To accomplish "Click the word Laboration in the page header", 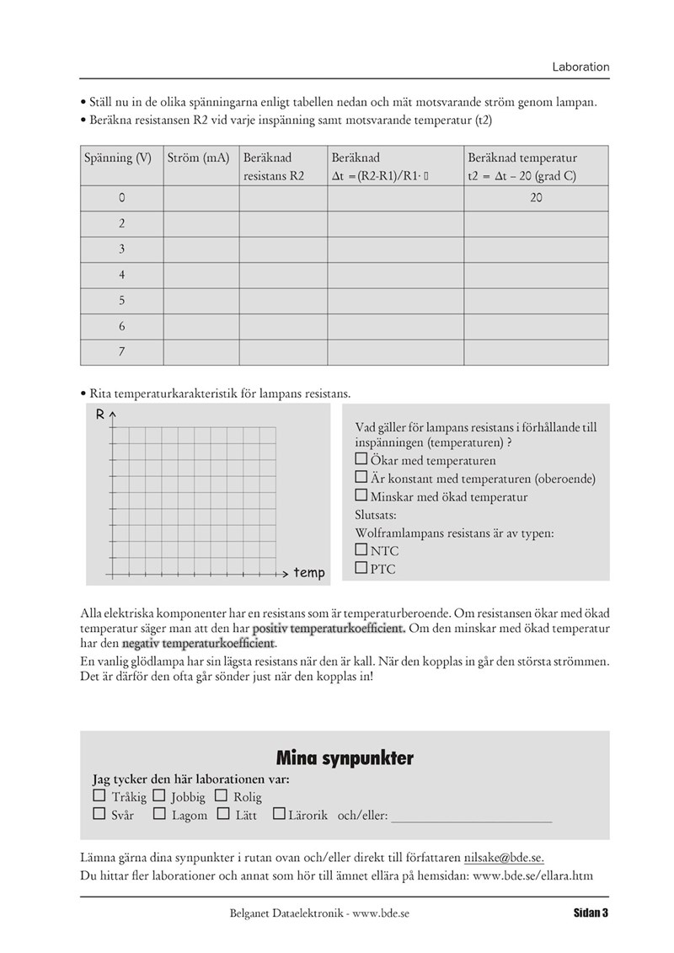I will pos(580,67).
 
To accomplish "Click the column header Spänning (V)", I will pos(117,158).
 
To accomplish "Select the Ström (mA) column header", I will pos(199,158).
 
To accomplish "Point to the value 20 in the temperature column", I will pos(536,198).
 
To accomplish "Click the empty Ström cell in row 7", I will pos(201,352).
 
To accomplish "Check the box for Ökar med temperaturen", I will pos(361,460).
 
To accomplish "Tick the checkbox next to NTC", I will pos(361,549).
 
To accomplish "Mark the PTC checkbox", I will pos(361,568).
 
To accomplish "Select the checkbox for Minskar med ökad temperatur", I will pos(361,495).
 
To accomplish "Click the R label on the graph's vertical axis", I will pos(100,414).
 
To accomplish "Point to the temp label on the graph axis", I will pos(309,573).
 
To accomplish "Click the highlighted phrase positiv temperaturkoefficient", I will pos(329,629).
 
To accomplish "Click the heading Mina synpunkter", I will pos(345,758).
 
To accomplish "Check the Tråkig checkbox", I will pos(99,795).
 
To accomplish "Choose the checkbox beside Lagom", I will pos(159,814).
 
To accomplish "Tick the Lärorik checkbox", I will pos(279,814).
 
